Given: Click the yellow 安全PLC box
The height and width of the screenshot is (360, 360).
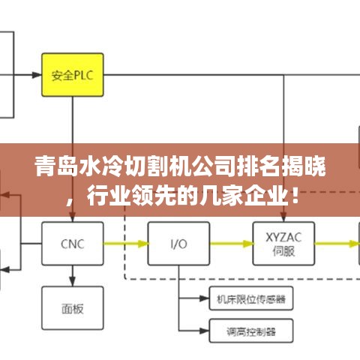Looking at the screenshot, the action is pyautogui.click(x=73, y=75).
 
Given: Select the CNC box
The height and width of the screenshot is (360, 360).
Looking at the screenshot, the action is pyautogui.click(x=73, y=244).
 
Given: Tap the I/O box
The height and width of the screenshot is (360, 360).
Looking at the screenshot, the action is pyautogui.click(x=178, y=244).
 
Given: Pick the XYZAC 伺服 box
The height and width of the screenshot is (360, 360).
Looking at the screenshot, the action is pyautogui.click(x=283, y=244).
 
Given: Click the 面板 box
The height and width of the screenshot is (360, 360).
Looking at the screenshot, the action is pyautogui.click(x=73, y=308).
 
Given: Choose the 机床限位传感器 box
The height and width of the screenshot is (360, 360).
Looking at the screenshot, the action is pyautogui.click(x=251, y=298).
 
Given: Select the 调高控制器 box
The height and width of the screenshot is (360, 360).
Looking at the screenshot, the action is pyautogui.click(x=251, y=331).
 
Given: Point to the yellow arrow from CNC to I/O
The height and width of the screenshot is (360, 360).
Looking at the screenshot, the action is pyautogui.click(x=126, y=244).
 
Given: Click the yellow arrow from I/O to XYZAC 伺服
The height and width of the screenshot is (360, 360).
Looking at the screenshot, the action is pyautogui.click(x=232, y=244).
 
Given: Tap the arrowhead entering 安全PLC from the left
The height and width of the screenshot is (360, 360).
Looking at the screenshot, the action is pyautogui.click(x=37, y=75).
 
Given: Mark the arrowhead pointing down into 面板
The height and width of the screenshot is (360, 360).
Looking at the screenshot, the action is pyautogui.click(x=73, y=281).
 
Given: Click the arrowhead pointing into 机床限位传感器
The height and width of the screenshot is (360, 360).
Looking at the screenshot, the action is pyautogui.click(x=204, y=298).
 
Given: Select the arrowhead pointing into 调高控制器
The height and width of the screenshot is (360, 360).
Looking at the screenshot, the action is pyautogui.click(x=204, y=331).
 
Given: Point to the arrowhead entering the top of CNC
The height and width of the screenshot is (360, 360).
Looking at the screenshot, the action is pyautogui.click(x=73, y=217).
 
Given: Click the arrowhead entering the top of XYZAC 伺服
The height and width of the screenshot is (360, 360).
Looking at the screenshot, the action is pyautogui.click(x=283, y=217).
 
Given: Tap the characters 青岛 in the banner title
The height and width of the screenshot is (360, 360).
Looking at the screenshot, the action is pyautogui.click(x=56, y=166).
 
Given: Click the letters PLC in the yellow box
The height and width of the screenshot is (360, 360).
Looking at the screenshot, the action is pyautogui.click(x=84, y=75).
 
